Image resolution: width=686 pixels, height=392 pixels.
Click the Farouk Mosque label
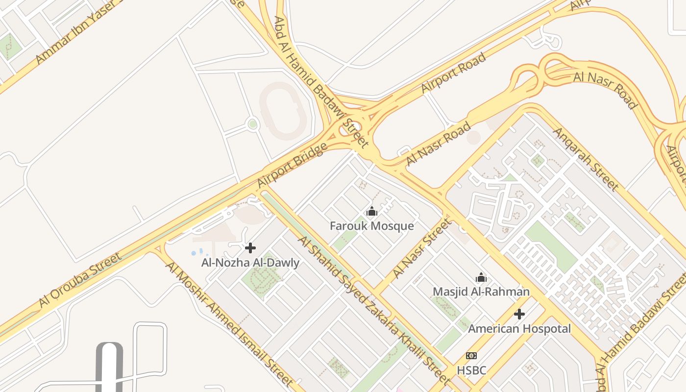click(x=371, y=226)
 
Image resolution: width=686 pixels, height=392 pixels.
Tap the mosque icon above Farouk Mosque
click(x=372, y=212)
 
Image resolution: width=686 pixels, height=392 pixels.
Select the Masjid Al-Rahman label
click(x=481, y=292)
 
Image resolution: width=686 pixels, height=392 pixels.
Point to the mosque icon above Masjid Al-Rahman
click(x=481, y=278)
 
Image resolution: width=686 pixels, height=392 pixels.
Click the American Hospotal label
click(x=519, y=328)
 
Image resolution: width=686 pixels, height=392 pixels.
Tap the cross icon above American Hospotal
click(x=519, y=314)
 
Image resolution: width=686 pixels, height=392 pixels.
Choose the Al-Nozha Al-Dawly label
click(x=250, y=263)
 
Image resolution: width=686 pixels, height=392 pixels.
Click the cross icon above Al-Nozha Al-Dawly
click(x=250, y=248)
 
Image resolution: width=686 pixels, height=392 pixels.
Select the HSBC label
click(x=471, y=370)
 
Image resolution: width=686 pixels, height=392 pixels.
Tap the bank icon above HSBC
click(x=471, y=356)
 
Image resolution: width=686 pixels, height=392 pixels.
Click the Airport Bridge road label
click(x=292, y=165)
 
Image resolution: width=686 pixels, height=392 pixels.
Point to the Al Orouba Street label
click(x=80, y=280)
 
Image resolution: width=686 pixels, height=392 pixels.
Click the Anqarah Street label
click(x=586, y=159)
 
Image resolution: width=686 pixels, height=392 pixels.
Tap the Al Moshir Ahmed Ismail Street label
click(x=229, y=324)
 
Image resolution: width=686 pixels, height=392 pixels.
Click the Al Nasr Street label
click(x=421, y=248)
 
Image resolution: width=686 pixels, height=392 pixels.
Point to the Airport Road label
click(x=453, y=73)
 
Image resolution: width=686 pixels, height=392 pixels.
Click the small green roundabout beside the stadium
click(x=252, y=124)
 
